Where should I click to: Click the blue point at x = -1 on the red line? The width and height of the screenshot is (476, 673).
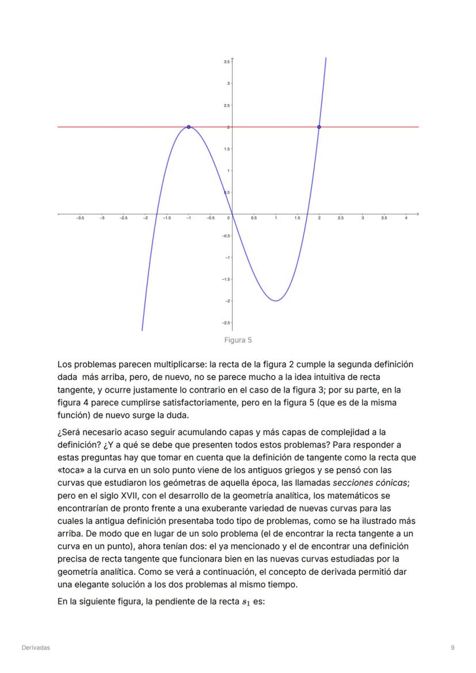(189, 127)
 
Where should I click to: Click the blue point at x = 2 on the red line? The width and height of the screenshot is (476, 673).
(319, 127)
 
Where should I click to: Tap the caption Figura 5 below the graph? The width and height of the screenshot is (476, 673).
(238, 340)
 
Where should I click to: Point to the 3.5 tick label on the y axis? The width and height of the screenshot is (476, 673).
(227, 61)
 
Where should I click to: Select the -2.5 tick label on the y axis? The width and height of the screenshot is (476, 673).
(226, 322)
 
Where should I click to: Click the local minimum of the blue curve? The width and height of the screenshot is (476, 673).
(276, 301)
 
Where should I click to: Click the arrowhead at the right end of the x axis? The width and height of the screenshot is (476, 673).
(417, 214)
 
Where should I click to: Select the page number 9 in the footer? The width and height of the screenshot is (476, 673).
(453, 648)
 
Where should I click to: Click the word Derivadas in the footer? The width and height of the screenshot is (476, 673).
(36, 648)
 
